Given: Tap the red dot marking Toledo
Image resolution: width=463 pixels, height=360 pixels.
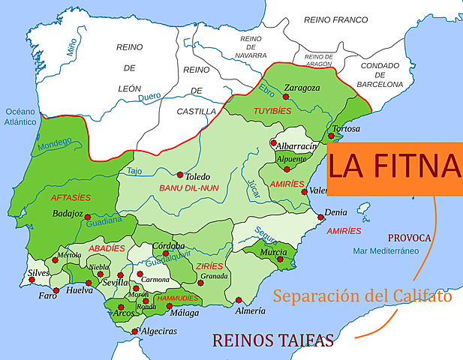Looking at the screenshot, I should coord(180,174).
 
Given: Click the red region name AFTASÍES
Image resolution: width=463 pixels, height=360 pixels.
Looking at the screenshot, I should coord(71,197).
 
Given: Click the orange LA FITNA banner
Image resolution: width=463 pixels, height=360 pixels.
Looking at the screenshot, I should coord(395,166).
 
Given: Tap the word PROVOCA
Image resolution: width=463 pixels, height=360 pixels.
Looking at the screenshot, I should coord(409,238).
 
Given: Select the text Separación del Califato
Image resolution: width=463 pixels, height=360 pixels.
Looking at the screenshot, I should coord(362,295).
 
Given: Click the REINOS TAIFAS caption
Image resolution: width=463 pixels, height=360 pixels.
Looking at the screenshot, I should coord(273,340).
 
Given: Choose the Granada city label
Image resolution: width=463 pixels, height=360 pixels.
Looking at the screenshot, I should coord(214,275).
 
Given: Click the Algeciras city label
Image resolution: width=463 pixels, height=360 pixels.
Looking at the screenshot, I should coord(160,331).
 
